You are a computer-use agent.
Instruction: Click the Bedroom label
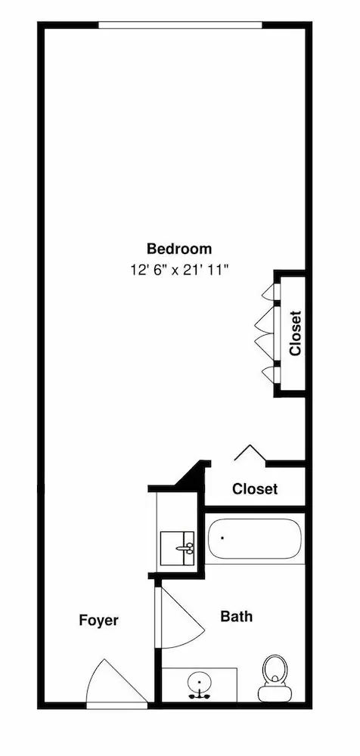(179, 249)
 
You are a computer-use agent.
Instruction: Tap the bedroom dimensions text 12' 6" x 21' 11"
(178, 270)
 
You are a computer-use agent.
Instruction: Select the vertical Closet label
(295, 333)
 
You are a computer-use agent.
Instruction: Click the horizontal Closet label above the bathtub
(255, 489)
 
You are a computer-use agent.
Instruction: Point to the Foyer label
(98, 621)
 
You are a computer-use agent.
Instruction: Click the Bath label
(237, 616)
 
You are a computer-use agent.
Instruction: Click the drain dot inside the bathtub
(222, 537)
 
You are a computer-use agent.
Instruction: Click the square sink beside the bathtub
(177, 547)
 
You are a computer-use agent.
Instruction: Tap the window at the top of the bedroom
(181, 25)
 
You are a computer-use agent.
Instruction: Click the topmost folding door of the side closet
(268, 291)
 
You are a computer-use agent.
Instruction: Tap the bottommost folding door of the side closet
(268, 374)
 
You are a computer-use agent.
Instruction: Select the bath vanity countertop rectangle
(199, 685)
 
